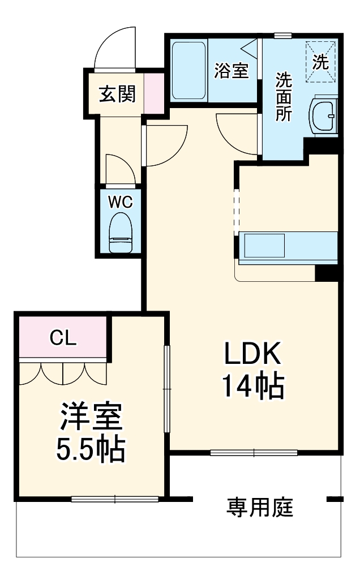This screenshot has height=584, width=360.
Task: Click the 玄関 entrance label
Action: point(118,94)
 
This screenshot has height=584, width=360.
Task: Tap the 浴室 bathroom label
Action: point(232,71)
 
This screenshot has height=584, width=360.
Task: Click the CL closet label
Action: point(62,338)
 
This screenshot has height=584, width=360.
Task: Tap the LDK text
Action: point(252,355)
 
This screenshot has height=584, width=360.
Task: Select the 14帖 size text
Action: point(252,387)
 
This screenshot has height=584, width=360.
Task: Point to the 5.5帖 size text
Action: point(91,449)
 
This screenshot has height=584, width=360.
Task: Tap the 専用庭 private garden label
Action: point(260,507)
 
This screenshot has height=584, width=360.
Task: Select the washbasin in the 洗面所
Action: point(324,116)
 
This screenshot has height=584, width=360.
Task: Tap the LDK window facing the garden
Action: point(254,453)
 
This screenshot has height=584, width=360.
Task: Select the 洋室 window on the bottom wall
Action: point(115,499)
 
